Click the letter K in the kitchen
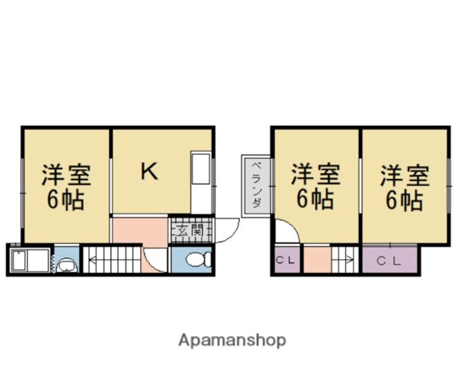coord(149,172)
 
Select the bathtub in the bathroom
coord(30,261)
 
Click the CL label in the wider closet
coord(388,261)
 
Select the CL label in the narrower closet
coord(286,261)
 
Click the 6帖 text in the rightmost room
coord(404,200)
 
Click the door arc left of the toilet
coord(157,261)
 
